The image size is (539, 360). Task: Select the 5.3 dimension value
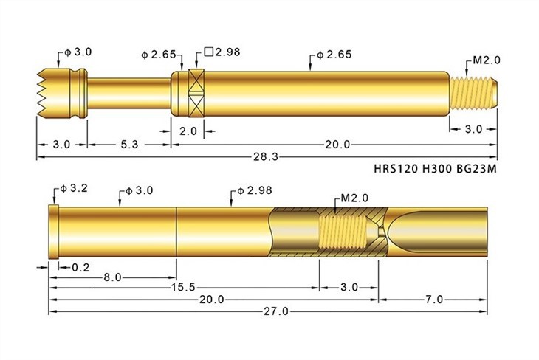[x=129, y=145]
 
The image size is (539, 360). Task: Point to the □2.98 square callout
[x=222, y=52]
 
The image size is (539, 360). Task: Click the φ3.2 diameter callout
[x=75, y=188]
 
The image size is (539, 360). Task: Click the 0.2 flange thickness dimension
[x=81, y=266]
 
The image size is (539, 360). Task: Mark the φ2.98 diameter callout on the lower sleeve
[x=255, y=190]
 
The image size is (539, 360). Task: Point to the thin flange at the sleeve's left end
[x=52, y=232]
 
